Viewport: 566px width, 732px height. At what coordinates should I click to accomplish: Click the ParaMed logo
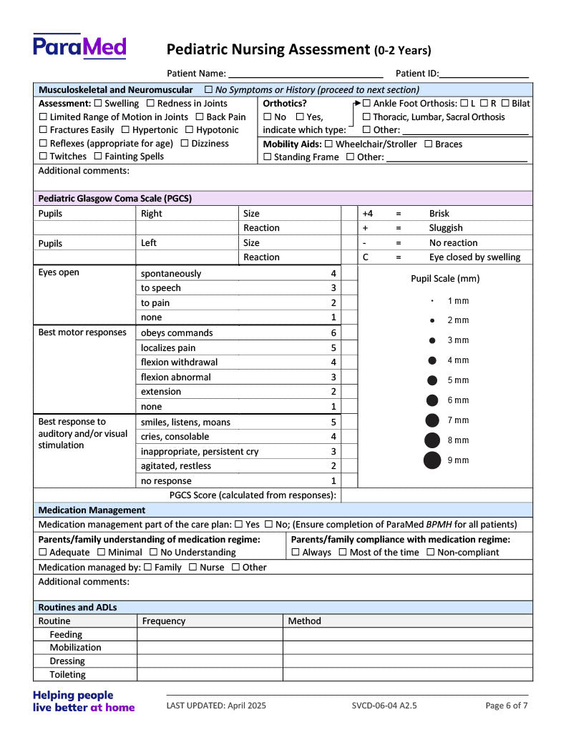pyautogui.click(x=79, y=46)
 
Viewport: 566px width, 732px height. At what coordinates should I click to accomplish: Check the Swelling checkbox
pyautogui.click(x=98, y=104)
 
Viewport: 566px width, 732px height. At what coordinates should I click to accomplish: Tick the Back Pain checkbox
pyautogui.click(x=200, y=117)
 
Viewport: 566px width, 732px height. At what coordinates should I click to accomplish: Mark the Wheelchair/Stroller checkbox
pyautogui.click(x=328, y=144)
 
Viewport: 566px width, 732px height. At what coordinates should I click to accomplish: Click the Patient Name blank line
pyautogui.click(x=306, y=73)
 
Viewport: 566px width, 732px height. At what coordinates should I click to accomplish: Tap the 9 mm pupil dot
pyautogui.click(x=432, y=460)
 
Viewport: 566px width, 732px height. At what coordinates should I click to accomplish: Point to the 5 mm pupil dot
pyautogui.click(x=432, y=380)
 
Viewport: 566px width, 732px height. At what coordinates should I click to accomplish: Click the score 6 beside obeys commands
pyautogui.click(x=333, y=333)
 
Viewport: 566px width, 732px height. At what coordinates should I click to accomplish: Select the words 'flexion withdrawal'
pyautogui.click(x=179, y=362)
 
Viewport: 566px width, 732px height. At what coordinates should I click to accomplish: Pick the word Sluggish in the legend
pyautogui.click(x=446, y=228)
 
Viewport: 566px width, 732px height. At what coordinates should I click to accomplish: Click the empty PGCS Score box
pyautogui.click(x=349, y=495)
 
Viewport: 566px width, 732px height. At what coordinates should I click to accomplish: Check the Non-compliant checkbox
pyautogui.click(x=431, y=553)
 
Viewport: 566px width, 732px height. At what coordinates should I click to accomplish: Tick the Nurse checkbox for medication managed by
pyautogui.click(x=193, y=568)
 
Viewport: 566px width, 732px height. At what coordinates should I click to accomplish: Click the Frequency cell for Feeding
pyautogui.click(x=210, y=635)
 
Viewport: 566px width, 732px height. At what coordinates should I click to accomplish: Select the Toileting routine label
pyautogui.click(x=67, y=675)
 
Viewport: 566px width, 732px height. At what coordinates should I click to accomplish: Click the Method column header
pyautogui.click(x=305, y=621)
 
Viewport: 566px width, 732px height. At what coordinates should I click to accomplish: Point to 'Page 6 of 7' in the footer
pyautogui.click(x=507, y=706)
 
